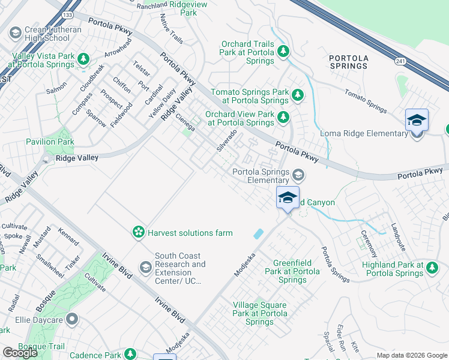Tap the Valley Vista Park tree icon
tap(83, 59)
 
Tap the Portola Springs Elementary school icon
tap(298, 175)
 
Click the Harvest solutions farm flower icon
tap(138, 232)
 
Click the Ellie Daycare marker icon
tap(72, 319)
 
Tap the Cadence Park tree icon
tap(128, 355)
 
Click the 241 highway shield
tap(400, 61)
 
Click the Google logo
tap(20, 353)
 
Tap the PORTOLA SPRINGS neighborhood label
tap(349, 62)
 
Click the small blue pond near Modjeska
tap(259, 233)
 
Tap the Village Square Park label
tap(260, 313)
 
